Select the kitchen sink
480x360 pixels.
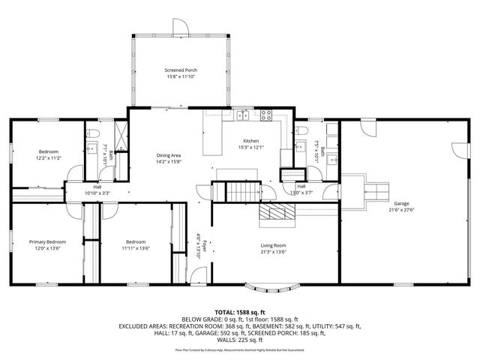(241, 115)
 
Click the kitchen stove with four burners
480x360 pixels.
(265, 115)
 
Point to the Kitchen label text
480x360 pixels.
(250, 141)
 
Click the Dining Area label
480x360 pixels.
(169, 155)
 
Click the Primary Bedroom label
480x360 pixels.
(47, 241)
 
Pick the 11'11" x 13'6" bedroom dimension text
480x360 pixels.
(136, 248)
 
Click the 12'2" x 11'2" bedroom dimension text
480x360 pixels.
(48, 158)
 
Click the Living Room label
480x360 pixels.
(273, 245)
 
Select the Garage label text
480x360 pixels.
(401, 203)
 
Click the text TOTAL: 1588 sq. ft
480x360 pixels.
(240, 311)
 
